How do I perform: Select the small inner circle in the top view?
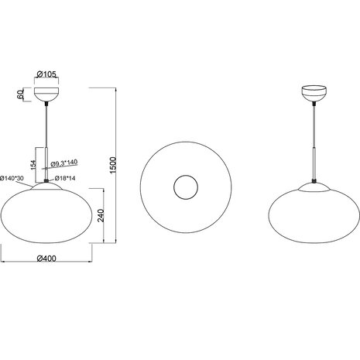tap(185, 187)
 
